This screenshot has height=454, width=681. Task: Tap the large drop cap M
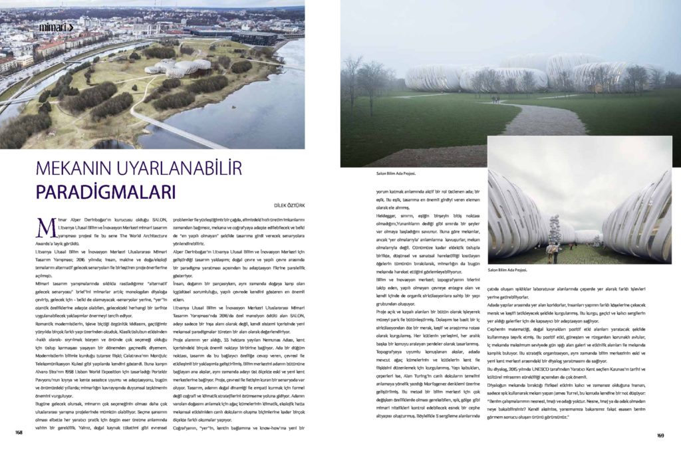pyautogui.click(x=45, y=225)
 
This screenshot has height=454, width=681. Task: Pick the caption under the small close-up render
pyautogui.click(x=507, y=271)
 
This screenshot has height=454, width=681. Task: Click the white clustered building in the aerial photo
pyautogui.click(x=178, y=68)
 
